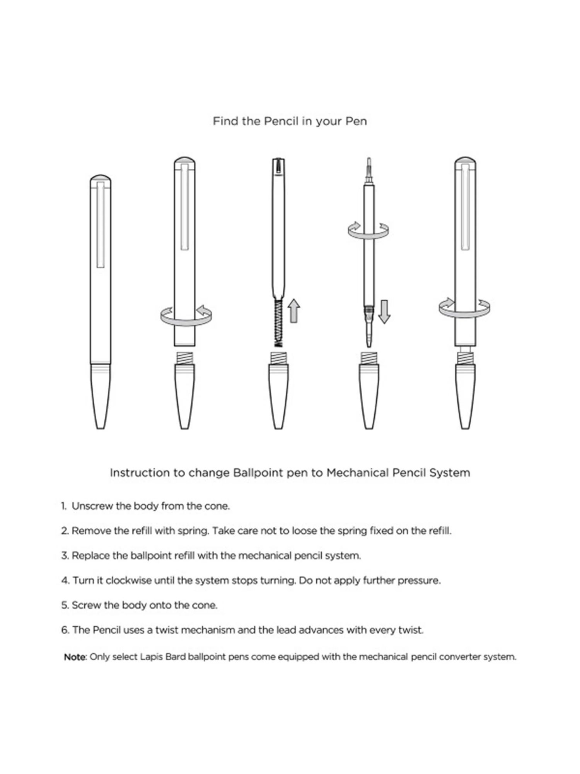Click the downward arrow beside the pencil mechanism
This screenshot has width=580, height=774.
(x=384, y=312)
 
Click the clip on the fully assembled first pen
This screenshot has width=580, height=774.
(x=101, y=228)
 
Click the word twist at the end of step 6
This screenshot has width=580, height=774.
(x=411, y=630)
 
